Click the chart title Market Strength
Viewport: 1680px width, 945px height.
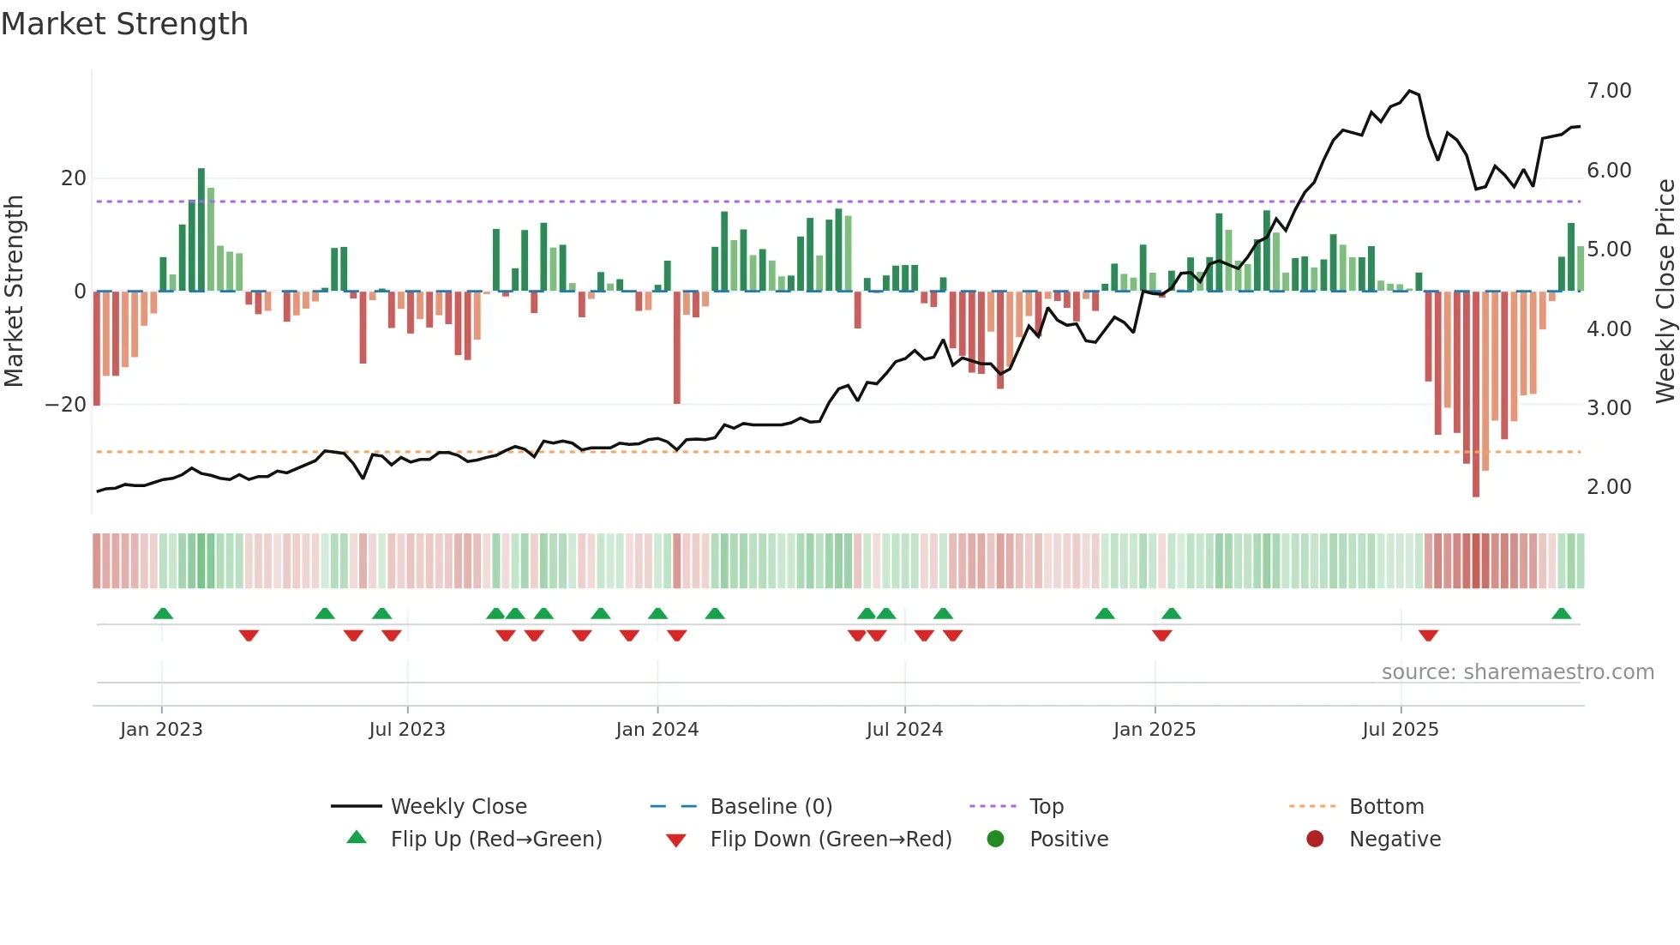point(124,24)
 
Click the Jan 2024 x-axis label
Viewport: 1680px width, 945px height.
point(657,730)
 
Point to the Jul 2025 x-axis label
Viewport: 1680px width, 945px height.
point(1400,730)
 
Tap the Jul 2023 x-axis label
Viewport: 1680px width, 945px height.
point(407,730)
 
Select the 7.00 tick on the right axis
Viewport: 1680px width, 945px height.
point(1608,91)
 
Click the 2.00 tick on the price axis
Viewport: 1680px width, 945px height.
point(1608,487)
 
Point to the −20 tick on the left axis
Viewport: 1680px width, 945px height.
point(66,405)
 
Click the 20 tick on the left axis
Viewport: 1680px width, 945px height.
point(74,178)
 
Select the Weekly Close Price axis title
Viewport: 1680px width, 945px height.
point(1665,291)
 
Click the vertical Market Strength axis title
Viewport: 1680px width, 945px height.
point(14,291)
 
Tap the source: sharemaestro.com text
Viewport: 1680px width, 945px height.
point(1517,672)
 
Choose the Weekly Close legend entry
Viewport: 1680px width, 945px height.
point(458,807)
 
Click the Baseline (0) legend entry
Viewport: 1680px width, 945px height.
point(771,807)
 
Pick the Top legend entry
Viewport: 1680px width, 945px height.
point(1046,807)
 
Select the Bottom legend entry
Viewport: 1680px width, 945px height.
point(1386,807)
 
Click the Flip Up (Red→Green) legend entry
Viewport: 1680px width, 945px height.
point(495,840)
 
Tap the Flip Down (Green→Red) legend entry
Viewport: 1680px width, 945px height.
point(830,840)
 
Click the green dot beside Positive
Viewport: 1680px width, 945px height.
point(995,839)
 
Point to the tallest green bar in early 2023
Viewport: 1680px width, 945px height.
point(201,229)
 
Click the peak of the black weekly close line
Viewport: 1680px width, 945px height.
point(1409,90)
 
